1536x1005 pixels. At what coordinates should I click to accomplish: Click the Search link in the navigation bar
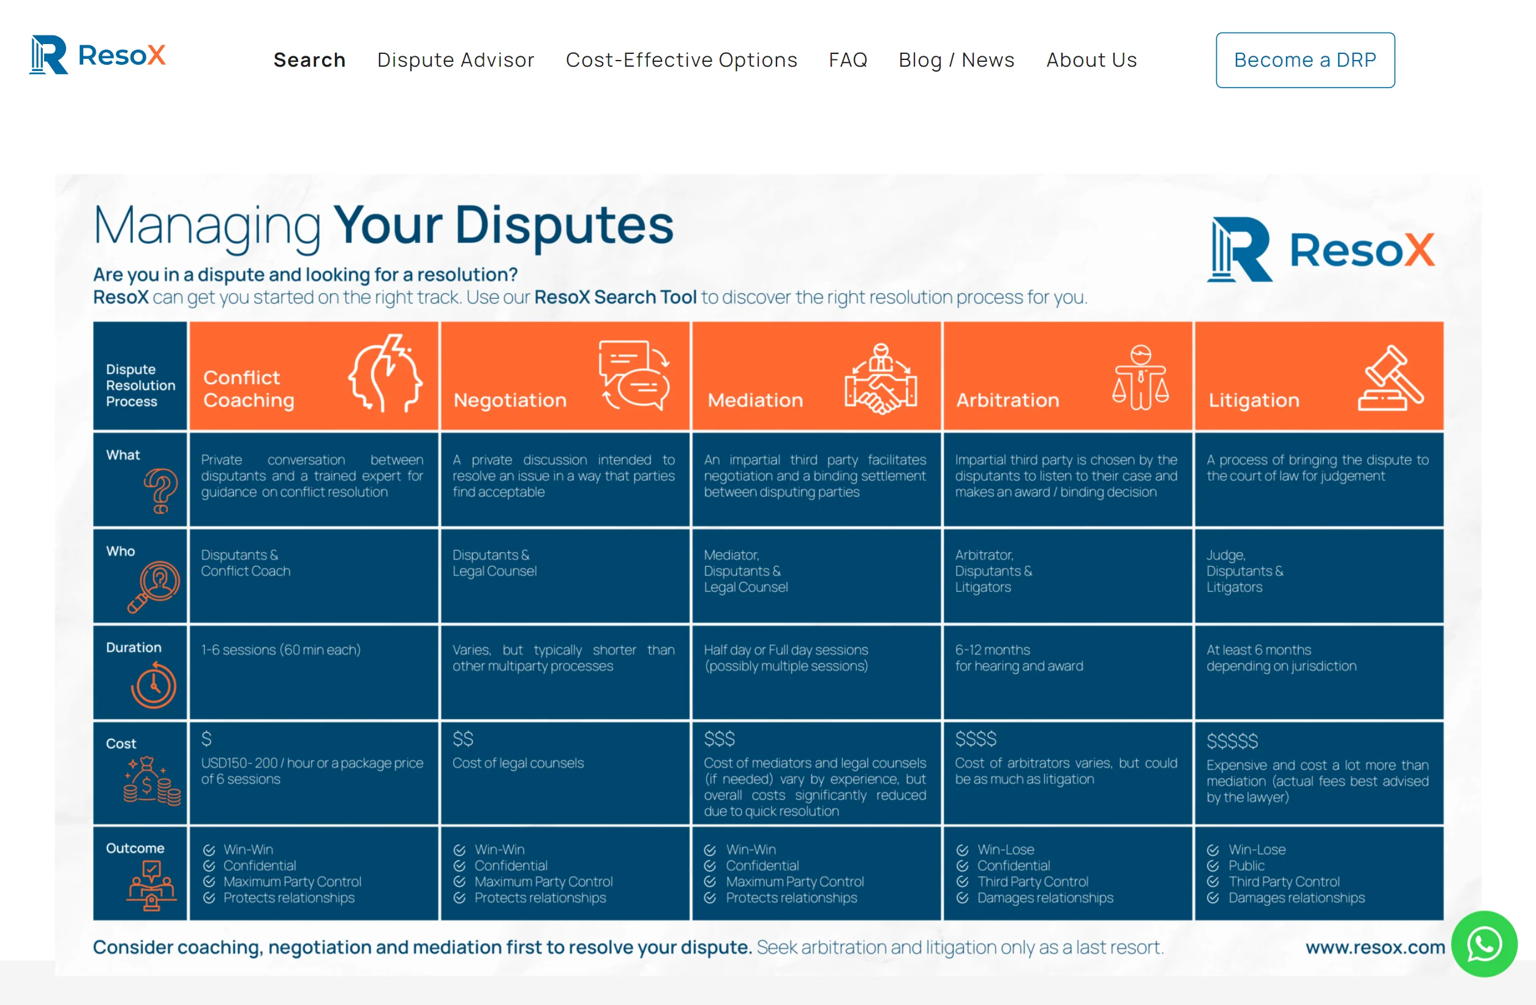310,60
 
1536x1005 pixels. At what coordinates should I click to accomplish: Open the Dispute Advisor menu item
456,60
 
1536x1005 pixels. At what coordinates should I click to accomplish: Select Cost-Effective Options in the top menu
682,60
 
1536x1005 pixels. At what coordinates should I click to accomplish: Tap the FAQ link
848,60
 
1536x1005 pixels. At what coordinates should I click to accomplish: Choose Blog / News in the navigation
957,60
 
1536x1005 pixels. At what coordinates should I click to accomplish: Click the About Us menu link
1091,60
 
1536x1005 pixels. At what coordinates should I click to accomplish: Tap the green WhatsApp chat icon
1485,944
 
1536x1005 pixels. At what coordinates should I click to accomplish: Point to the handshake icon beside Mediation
881,379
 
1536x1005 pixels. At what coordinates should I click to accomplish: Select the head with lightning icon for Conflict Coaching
386,373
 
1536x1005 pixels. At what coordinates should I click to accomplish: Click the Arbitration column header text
1007,400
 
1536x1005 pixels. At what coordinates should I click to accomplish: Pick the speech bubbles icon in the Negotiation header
634,375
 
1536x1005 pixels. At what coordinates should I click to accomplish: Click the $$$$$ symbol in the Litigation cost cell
1232,741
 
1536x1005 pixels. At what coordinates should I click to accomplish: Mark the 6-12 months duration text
993,649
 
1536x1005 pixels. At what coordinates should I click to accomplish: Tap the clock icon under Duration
154,685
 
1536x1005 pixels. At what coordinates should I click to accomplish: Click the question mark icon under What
160,491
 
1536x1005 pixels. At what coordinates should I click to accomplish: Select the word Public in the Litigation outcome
1246,865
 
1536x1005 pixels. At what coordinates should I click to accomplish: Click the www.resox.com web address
1376,947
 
